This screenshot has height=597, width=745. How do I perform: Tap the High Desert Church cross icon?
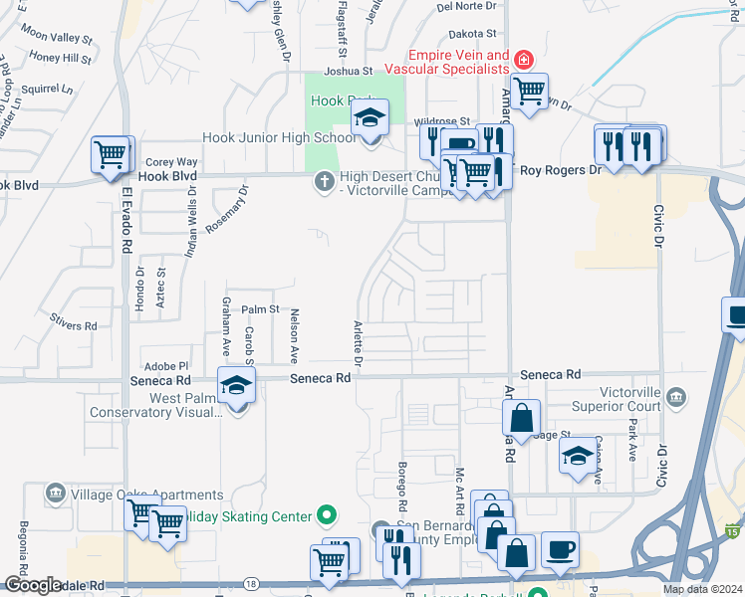coord(323,181)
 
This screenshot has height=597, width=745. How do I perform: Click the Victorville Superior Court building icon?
coord(677,398)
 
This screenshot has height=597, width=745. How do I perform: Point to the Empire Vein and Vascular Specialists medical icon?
coord(522,62)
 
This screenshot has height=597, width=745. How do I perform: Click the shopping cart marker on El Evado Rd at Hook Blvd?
coord(112,155)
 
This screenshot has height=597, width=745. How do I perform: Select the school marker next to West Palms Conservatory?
coord(236,386)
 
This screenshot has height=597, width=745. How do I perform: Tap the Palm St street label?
coord(261,310)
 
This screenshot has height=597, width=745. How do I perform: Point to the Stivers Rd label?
coord(76,325)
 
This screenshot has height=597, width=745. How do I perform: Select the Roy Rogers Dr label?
coord(562,170)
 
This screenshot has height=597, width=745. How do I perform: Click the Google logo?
coord(33,585)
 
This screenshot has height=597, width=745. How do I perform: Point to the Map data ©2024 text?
coord(701,589)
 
